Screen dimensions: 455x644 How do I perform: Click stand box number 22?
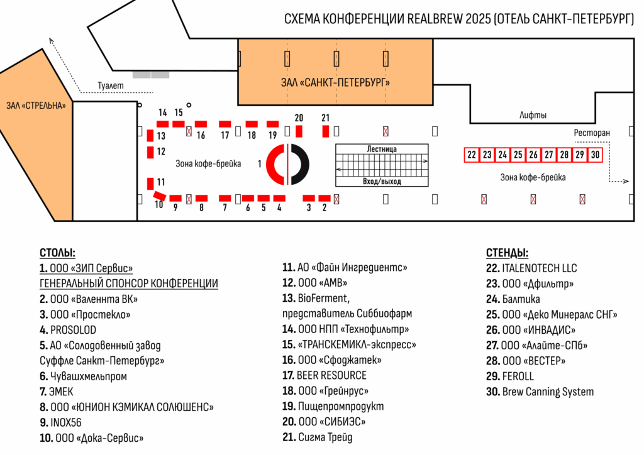coord(472,155)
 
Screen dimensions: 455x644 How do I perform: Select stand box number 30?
coord(595,155)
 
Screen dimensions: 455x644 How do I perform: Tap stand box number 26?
coord(533,155)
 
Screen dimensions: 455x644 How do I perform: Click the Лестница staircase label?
coord(382,149)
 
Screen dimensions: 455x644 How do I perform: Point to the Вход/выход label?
coord(382,182)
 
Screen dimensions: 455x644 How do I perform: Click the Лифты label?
coord(533,116)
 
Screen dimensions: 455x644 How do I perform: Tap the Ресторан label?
coord(592,133)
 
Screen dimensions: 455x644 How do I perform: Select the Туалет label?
coord(111,85)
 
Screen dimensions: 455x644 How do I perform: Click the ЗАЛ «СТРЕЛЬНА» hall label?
coord(36,106)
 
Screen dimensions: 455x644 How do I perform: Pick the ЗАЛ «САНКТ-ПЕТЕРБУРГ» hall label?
coord(335,82)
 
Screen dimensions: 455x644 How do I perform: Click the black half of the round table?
coord(299,165)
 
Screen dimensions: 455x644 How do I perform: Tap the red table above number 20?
coord(299,131)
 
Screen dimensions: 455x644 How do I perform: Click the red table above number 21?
coord(326,131)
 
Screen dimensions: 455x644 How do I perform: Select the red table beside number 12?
coord(151,151)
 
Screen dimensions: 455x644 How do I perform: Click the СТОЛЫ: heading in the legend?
coord(57,253)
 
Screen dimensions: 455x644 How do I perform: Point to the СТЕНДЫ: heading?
coord(507,253)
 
